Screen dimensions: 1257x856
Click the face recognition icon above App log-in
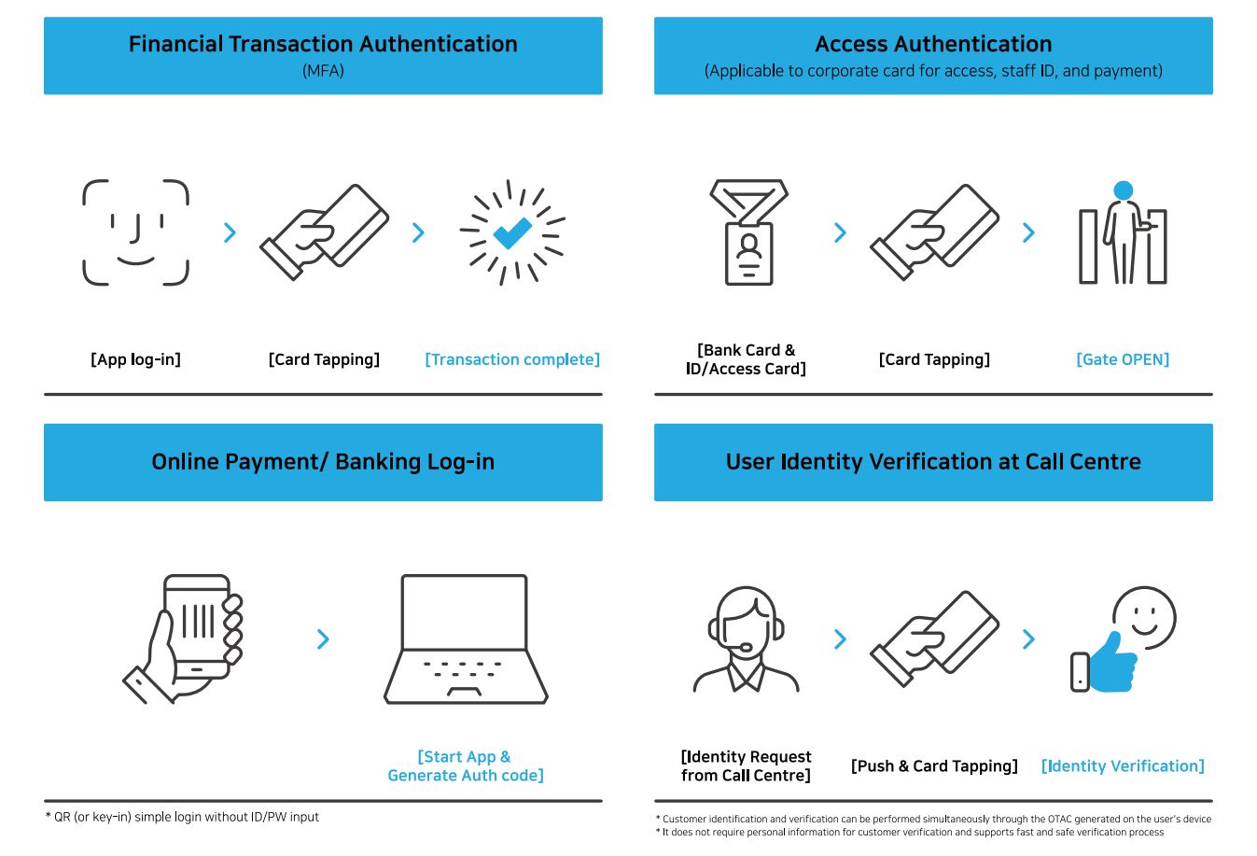tap(136, 232)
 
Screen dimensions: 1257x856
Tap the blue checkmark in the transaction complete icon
tap(511, 232)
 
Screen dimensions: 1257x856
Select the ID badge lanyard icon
tap(749, 232)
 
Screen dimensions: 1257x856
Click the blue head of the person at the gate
tap(1123, 190)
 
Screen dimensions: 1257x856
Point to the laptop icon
tap(466, 638)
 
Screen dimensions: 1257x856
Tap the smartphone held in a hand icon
tap(184, 638)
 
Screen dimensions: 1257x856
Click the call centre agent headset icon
tap(746, 639)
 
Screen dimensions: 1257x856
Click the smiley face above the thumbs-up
tap(1144, 618)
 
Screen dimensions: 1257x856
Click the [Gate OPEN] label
tap(1123, 359)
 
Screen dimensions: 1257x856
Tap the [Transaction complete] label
tap(512, 359)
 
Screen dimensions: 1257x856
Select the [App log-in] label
tap(136, 359)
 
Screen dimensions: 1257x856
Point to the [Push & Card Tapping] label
tap(934, 765)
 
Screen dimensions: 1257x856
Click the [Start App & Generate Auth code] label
tap(466, 765)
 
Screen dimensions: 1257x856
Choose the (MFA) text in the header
tap(323, 71)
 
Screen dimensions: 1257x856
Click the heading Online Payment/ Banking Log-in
tap(323, 462)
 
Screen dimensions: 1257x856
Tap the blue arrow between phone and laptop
tap(323, 638)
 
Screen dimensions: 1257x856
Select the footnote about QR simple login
tap(182, 817)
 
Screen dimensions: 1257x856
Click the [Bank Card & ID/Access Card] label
tap(746, 359)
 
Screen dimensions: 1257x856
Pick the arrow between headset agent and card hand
tap(840, 638)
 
